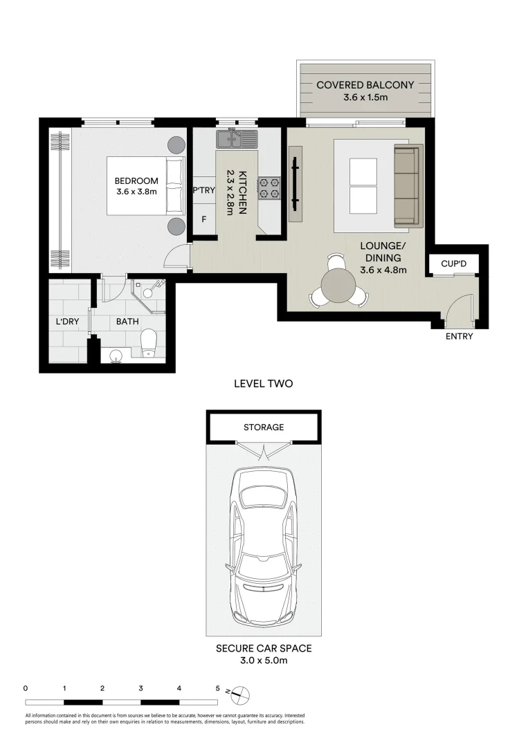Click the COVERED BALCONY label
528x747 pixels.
click(365, 85)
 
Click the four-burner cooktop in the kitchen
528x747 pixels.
click(268, 188)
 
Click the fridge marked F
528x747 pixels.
click(203, 220)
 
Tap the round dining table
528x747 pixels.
click(339, 284)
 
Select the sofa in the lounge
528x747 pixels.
click(407, 186)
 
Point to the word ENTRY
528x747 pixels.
click(459, 337)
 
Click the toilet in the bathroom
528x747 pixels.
click(149, 342)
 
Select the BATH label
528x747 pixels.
click(127, 322)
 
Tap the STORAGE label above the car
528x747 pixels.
click(263, 427)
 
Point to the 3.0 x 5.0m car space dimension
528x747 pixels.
click(263, 661)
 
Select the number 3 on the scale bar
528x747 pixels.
click(140, 689)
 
